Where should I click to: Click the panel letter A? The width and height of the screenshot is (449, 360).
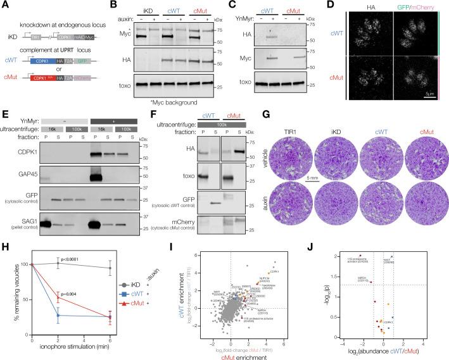coord(4,6)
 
